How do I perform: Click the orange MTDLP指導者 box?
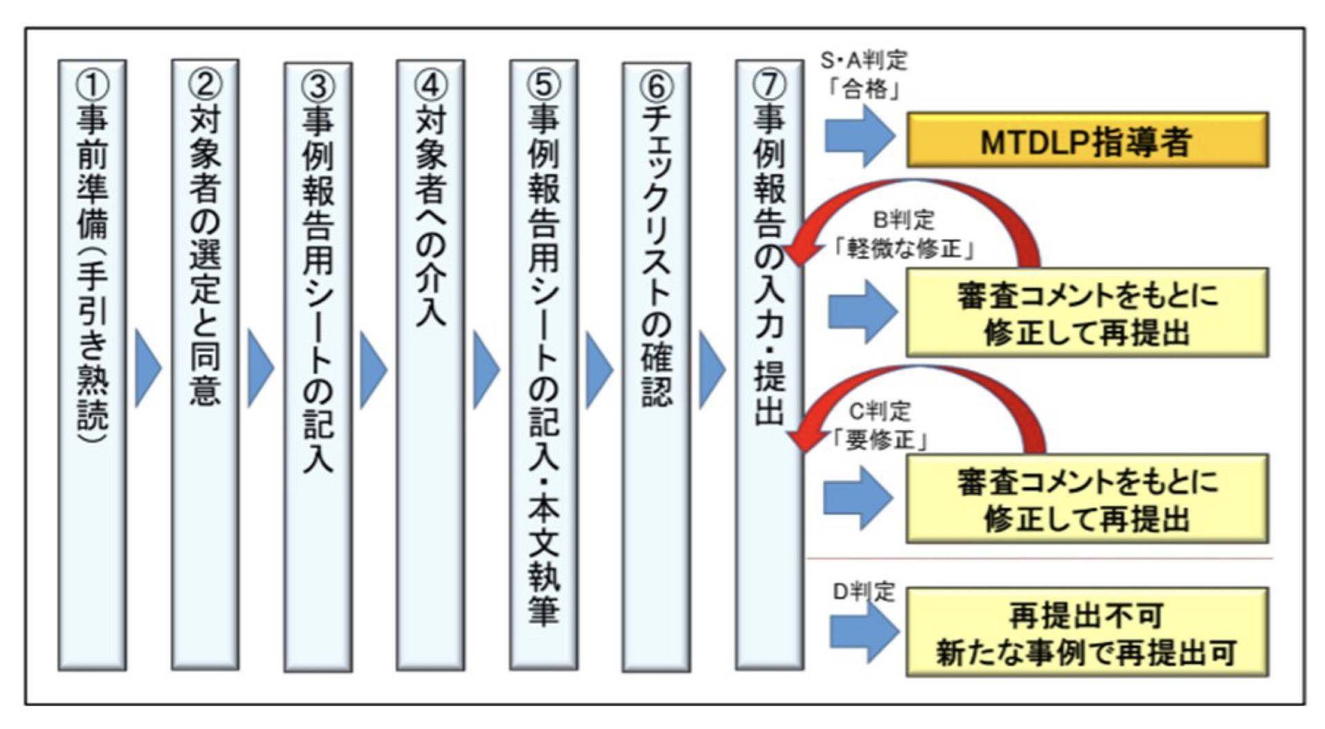[x=1087, y=140]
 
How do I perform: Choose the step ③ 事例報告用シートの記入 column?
[x=318, y=366]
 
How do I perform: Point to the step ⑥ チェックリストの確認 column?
[x=656, y=366]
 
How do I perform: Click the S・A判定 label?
[x=863, y=61]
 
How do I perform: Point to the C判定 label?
[x=879, y=411]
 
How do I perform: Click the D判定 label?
[x=863, y=592]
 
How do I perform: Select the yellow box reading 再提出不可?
[x=1087, y=632]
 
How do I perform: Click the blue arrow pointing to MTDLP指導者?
[x=859, y=135]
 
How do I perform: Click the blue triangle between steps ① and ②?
[x=147, y=368]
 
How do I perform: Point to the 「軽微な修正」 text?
[x=903, y=249]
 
